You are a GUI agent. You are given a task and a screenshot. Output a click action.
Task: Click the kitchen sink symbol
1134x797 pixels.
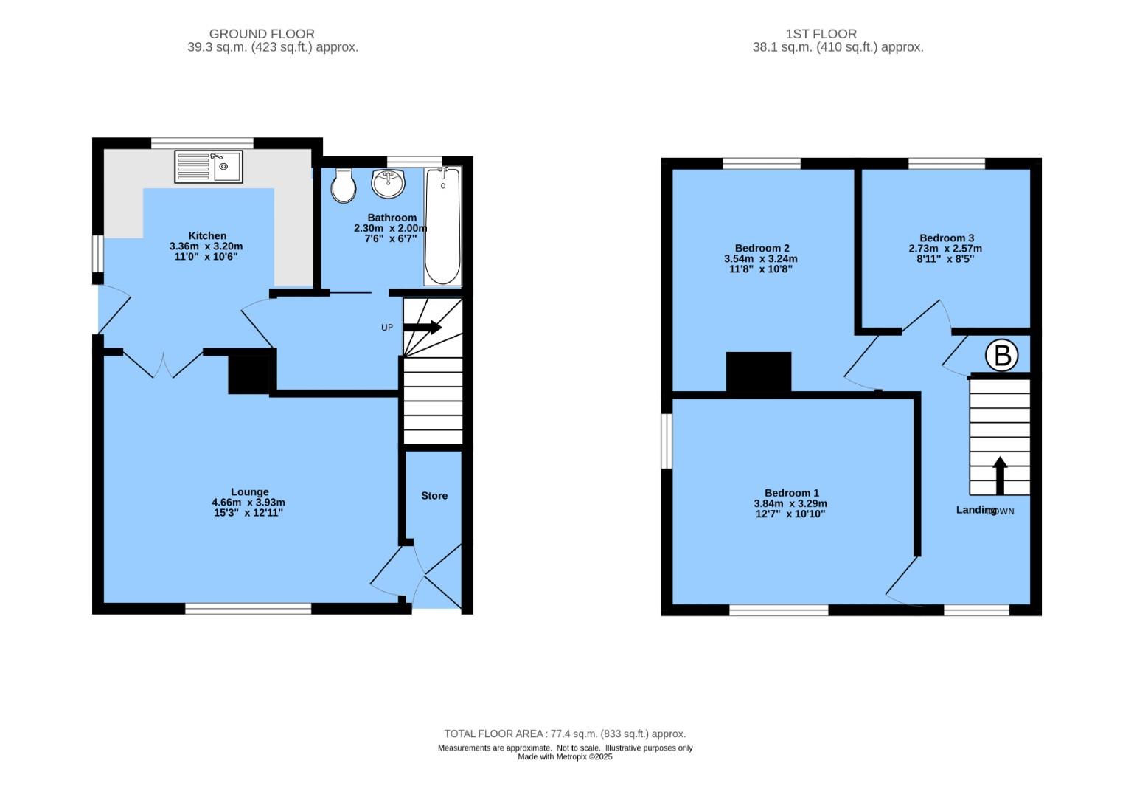(209, 167)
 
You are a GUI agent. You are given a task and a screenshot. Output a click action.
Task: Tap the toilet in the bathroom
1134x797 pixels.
(344, 184)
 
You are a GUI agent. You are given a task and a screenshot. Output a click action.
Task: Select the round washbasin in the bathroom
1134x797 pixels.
(388, 183)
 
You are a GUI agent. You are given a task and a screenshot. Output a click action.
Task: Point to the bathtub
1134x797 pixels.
(442, 227)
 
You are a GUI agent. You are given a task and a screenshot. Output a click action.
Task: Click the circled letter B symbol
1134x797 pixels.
(1002, 356)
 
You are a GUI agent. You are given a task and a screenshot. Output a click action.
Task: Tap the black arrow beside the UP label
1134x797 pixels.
(422, 327)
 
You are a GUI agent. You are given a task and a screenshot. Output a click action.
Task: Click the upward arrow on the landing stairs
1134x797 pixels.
(1000, 475)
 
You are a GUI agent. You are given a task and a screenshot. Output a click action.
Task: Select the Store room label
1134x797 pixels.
(434, 496)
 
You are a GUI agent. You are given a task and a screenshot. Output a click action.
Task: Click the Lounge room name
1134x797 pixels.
(249, 492)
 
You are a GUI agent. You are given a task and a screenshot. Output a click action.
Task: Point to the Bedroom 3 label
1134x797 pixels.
(947, 238)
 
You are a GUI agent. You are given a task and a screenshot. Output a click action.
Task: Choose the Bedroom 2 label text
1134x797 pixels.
(762, 248)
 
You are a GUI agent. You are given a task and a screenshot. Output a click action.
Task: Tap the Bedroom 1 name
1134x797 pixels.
(791, 493)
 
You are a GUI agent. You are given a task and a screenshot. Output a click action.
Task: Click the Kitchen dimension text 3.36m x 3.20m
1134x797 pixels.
(206, 246)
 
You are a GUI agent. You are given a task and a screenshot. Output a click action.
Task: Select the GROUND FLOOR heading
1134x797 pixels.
(262, 34)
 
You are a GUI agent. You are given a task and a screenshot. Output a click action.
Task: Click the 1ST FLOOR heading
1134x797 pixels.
(821, 34)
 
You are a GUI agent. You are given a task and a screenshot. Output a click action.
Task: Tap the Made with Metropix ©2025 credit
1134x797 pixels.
(565, 756)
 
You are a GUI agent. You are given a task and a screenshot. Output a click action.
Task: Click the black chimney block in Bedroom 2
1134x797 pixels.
(758, 372)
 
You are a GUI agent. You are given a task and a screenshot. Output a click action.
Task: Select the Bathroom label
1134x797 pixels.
(392, 218)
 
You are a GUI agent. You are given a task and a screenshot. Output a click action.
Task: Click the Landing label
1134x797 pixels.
(975, 510)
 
